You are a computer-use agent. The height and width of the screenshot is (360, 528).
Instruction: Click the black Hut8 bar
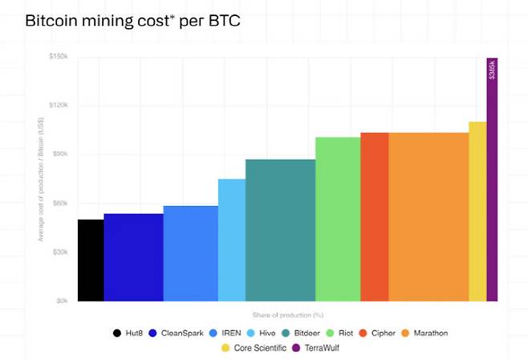[x=91, y=261]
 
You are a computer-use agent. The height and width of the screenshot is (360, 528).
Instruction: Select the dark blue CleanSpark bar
[x=133, y=257]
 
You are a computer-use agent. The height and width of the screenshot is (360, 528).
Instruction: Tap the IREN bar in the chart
[x=190, y=253]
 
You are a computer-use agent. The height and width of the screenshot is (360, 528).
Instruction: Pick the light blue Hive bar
[x=231, y=240]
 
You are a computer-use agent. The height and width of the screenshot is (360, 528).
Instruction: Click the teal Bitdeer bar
[x=280, y=230]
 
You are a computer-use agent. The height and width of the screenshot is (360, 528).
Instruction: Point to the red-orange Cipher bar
[x=374, y=216]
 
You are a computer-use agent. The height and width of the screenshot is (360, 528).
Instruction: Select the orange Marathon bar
[x=428, y=216]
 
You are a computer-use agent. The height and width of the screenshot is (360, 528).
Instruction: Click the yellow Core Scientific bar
[x=477, y=212]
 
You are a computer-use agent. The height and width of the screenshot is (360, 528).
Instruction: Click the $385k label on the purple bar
[x=492, y=70]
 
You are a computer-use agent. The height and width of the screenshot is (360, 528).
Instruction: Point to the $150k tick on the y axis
[x=59, y=56]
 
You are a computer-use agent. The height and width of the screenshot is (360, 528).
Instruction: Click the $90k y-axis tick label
[x=60, y=154]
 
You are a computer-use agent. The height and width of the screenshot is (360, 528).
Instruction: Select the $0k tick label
[x=62, y=301]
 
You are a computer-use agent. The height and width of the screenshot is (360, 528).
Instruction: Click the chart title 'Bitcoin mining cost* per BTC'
[x=132, y=20]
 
